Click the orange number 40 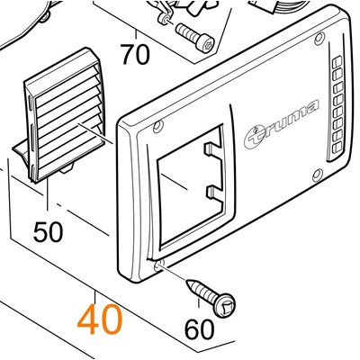pyautogui.click(x=100, y=319)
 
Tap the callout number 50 pyautogui.click(x=49, y=231)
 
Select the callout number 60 pyautogui.click(x=200, y=329)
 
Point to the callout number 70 pyautogui.click(x=135, y=55)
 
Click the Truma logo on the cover pyautogui.click(x=281, y=124)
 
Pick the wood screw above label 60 pyautogui.click(x=211, y=296)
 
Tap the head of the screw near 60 pyautogui.click(x=225, y=305)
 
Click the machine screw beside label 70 pyautogui.click(x=195, y=39)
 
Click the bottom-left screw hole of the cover pyautogui.click(x=158, y=265)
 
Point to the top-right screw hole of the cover pyautogui.click(x=319, y=39)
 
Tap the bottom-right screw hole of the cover pyautogui.click(x=318, y=175)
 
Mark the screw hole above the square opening pyautogui.click(x=157, y=127)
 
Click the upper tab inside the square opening pyautogui.click(x=212, y=148)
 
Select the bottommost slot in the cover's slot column pyautogui.click(x=337, y=147)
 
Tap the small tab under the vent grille pyautogui.click(x=67, y=169)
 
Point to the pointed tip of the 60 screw pyautogui.click(x=187, y=282)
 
